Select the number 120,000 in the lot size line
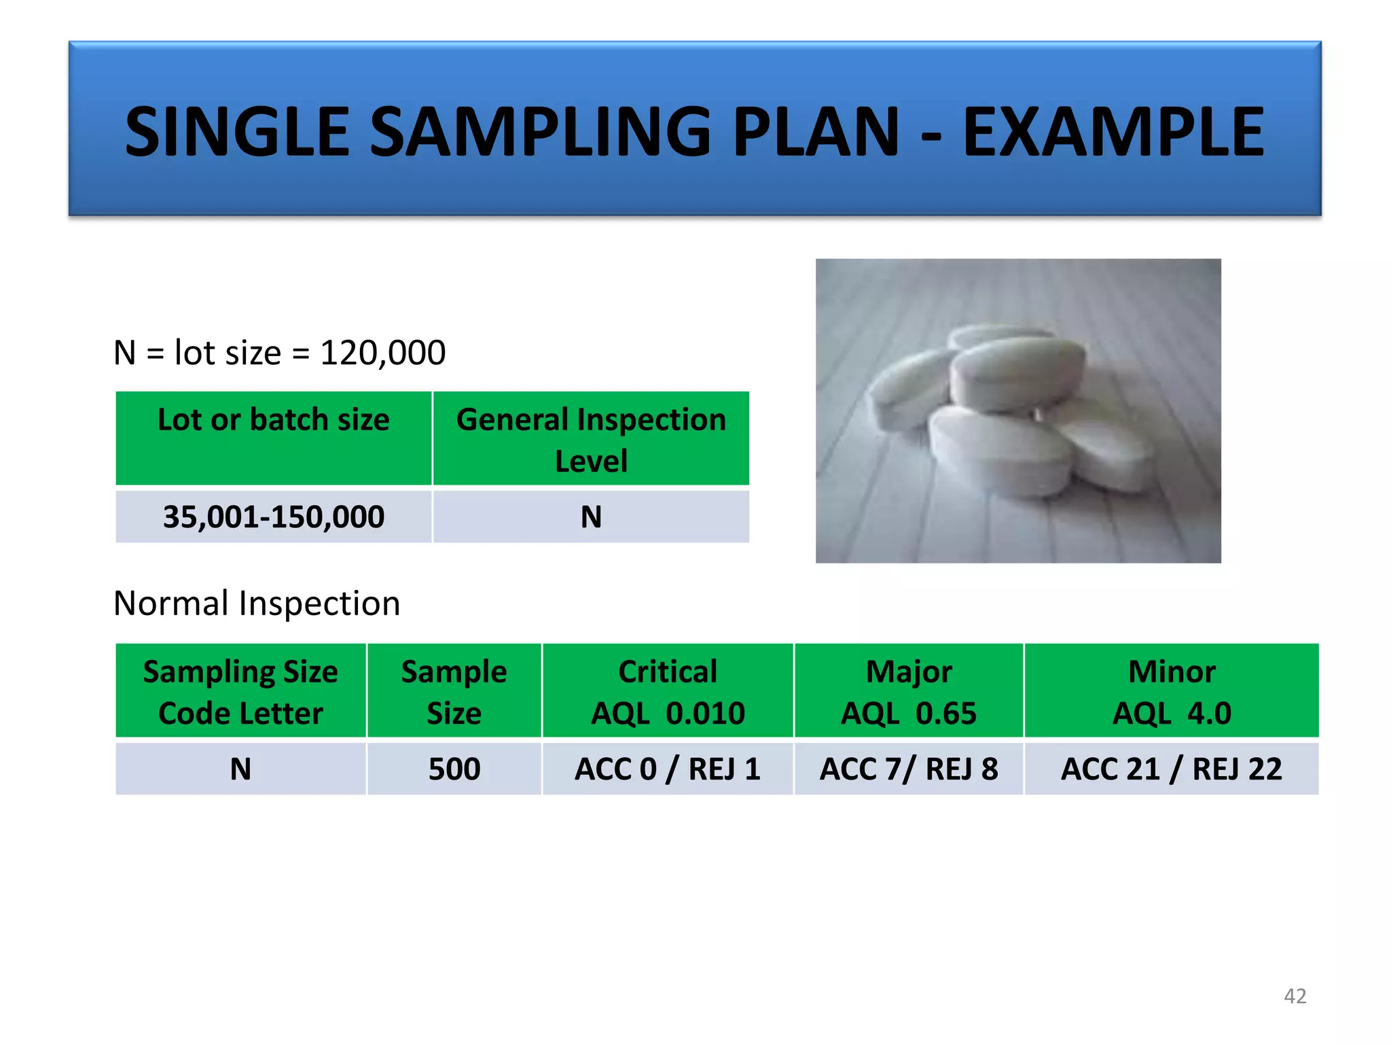click(x=382, y=353)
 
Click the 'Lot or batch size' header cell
click(x=273, y=438)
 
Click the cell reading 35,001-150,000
click(x=273, y=517)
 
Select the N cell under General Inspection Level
click(x=591, y=517)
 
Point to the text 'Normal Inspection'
click(x=257, y=604)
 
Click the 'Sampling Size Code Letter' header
click(x=240, y=691)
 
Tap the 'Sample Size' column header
click(x=454, y=691)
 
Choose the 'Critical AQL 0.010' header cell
click(x=668, y=691)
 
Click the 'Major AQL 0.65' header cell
click(x=909, y=691)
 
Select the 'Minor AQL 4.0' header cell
click(x=1172, y=691)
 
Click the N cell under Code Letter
click(x=240, y=769)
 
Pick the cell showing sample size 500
click(x=454, y=769)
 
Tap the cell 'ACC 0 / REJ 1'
click(x=668, y=769)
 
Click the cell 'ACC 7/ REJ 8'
click(x=909, y=769)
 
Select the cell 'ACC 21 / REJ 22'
click(x=1172, y=769)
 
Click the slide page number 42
click(x=1295, y=996)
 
